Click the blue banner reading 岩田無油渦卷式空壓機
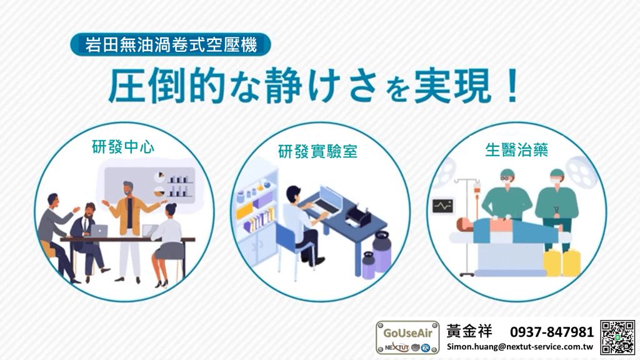tap(171, 44)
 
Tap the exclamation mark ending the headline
tap(512, 86)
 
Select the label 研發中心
tap(123, 147)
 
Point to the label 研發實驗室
tap(317, 151)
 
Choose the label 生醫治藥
tap(516, 150)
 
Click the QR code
tap(617, 337)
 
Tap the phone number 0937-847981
tap(552, 332)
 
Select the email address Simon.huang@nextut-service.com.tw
tap(519, 347)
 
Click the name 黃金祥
tap(469, 331)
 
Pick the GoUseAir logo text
tap(407, 333)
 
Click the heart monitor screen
tap(443, 206)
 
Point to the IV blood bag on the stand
tap(476, 190)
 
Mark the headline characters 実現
tap(452, 86)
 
